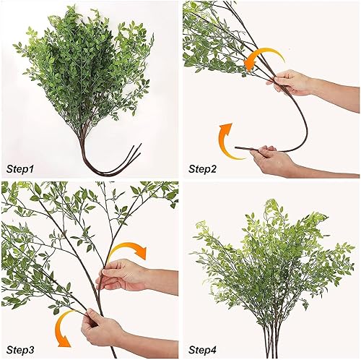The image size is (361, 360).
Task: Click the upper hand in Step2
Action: point(289,82)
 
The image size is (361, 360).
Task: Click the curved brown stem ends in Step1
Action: point(116,163)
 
